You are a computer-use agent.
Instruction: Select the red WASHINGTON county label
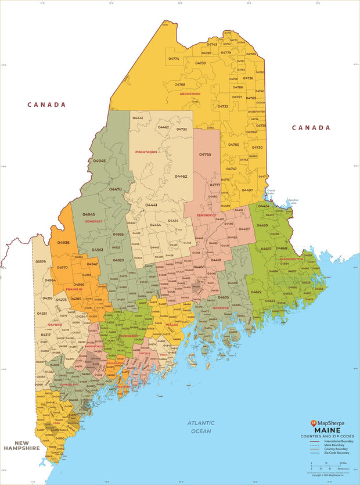[291, 259]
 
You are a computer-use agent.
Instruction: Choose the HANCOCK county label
[221, 307]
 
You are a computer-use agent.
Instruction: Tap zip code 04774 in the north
[174, 59]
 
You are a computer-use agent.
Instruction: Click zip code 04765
[205, 155]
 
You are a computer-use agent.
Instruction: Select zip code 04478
[116, 189]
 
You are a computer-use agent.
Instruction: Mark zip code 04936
[63, 243]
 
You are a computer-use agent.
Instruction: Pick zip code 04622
[255, 292]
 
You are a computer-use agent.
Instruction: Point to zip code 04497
[247, 190]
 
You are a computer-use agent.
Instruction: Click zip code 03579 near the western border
[41, 262]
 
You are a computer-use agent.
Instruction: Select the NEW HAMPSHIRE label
[21, 446]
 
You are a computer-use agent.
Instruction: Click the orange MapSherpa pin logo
[314, 424]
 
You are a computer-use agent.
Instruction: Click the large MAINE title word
[328, 431]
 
